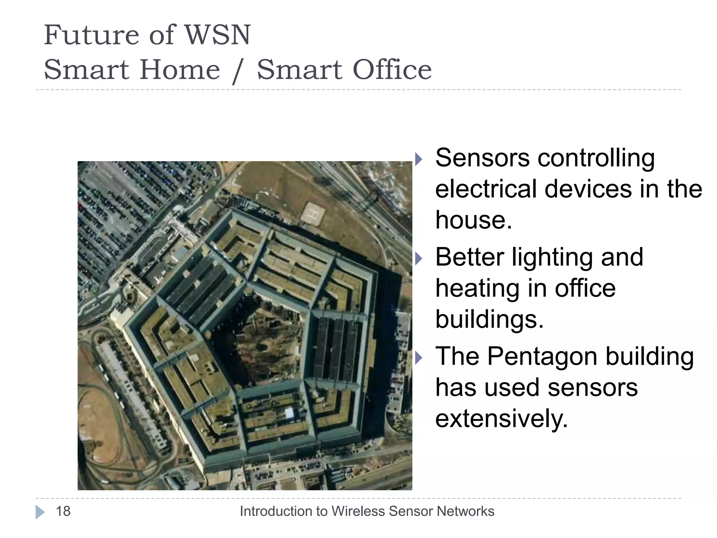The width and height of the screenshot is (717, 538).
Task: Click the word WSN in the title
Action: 217,35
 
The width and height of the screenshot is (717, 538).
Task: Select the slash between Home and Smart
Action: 238,71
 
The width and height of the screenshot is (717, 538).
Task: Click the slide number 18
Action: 63,511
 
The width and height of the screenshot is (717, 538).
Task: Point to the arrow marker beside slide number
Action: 40,512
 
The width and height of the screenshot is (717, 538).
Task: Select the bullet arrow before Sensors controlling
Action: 419,159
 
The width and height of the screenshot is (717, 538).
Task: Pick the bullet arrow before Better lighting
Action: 419,258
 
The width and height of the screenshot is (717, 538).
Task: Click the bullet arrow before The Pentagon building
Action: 419,358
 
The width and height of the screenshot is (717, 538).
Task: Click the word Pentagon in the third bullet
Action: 542,357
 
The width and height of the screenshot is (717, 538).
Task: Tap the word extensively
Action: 501,419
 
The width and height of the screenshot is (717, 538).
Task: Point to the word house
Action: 473,220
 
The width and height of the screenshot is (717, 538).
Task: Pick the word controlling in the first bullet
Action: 596,158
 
